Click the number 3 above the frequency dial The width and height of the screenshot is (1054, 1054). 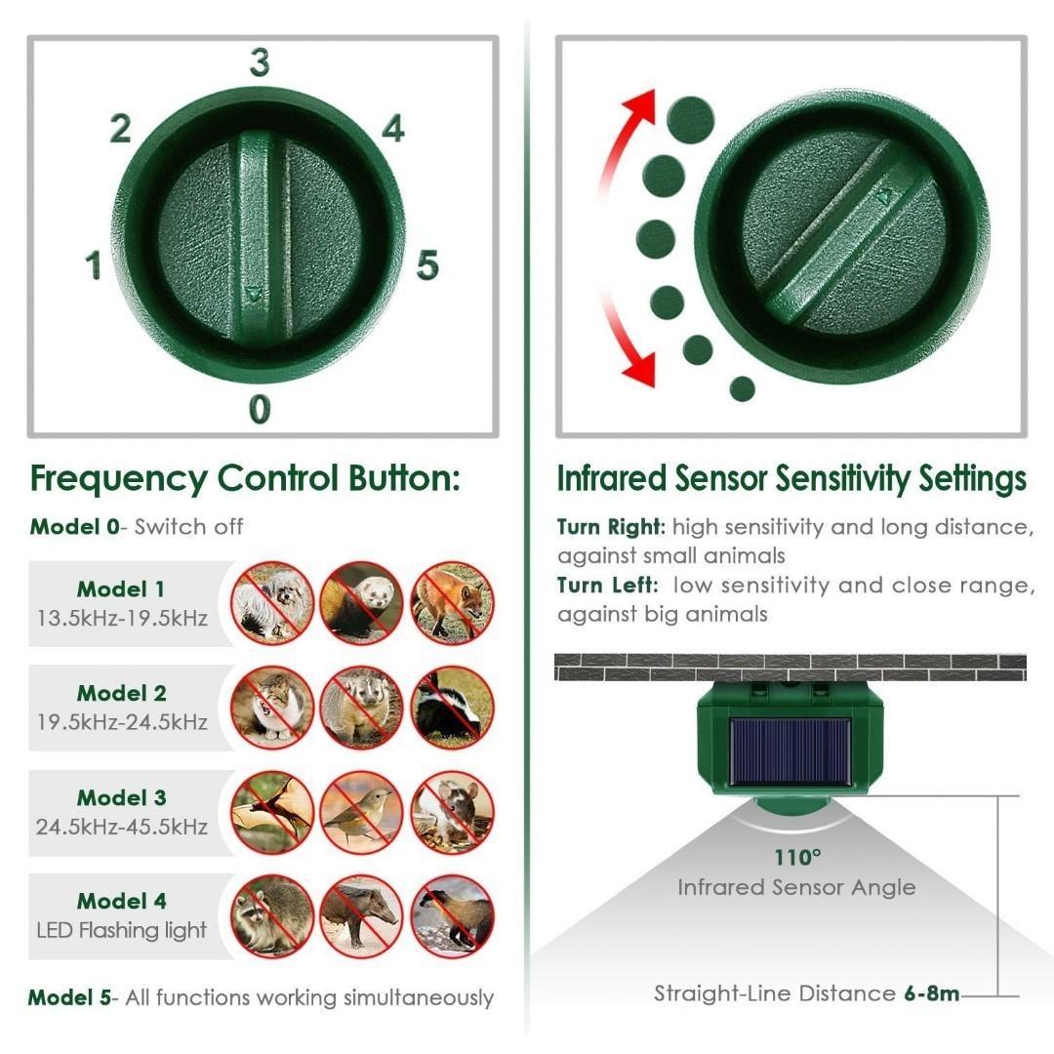coord(259,62)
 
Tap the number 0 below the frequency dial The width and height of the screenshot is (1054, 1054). coord(259,409)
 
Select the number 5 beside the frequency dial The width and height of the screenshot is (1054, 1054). coord(427,265)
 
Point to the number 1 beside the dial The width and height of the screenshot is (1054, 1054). coord(94,265)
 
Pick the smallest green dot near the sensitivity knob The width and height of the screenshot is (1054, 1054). coord(743,388)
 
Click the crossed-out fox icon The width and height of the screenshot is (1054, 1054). coord(452,603)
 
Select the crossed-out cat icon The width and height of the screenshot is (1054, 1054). coord(272,708)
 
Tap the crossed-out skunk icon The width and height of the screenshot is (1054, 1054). coord(452,708)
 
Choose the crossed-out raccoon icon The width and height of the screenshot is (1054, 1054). coord(272,916)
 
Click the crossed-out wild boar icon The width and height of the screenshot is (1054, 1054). coord(362,916)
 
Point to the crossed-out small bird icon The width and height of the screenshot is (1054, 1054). coord(362,812)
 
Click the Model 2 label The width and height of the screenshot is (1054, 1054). coord(122,694)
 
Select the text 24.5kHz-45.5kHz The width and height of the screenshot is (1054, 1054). coord(122,827)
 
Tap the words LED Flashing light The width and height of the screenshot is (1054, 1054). coord(122,930)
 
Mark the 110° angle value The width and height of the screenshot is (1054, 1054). coord(798,858)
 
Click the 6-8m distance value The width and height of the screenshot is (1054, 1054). coord(930,994)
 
